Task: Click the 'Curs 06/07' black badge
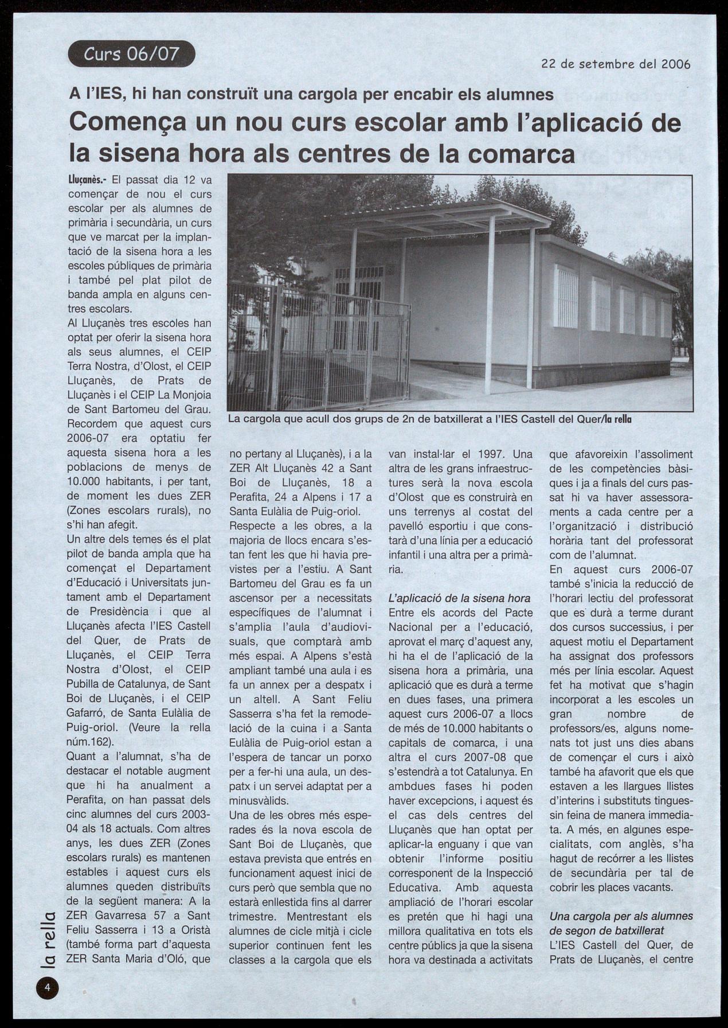tap(131, 54)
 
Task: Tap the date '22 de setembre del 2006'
tap(616, 64)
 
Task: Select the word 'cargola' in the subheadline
tap(323, 94)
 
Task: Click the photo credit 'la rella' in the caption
tap(623, 419)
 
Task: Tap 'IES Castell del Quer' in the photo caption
tap(551, 419)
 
